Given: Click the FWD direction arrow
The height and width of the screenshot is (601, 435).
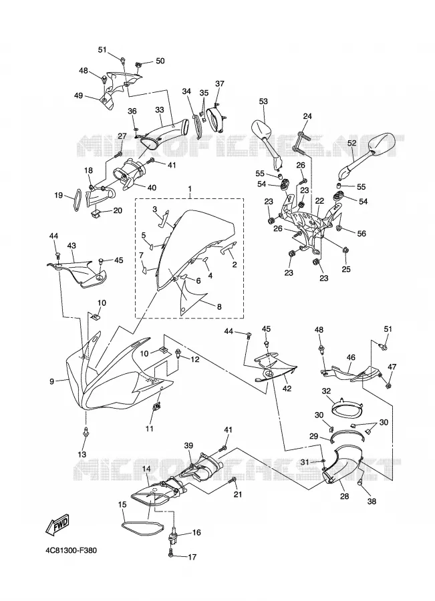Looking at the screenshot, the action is tap(57, 524).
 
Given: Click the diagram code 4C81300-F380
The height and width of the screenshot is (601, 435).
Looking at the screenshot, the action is tap(70, 551).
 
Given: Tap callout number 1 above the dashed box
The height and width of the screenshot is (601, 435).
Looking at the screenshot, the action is tap(189, 188).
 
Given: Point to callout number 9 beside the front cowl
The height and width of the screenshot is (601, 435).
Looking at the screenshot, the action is tap(52, 381).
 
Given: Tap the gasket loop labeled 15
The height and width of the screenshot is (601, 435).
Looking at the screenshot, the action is tap(142, 528).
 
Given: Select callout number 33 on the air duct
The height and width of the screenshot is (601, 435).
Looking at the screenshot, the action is tap(160, 110).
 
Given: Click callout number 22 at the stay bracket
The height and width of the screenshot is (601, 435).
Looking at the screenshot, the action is tap(319, 200).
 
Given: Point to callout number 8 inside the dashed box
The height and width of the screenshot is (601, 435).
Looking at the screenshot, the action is tap(219, 307).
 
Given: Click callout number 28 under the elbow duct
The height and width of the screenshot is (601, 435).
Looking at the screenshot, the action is tap(345, 496).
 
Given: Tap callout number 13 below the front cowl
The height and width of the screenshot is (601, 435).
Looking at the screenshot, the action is tap(82, 455).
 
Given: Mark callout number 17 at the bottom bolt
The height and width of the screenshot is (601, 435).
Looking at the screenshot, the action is tap(192, 557).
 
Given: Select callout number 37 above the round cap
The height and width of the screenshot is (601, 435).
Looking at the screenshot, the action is tap(219, 83).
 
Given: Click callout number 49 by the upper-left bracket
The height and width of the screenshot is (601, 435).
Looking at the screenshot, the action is tap(78, 95).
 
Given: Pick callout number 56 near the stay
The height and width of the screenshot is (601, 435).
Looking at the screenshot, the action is tap(361, 234).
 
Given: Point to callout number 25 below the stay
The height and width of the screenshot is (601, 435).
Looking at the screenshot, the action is tap(346, 270).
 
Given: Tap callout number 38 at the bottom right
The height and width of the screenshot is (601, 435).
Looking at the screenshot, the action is tap(372, 501).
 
